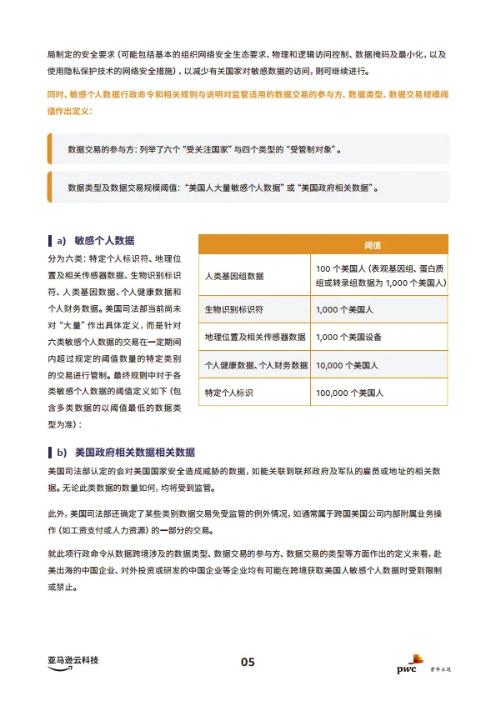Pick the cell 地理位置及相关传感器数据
pyautogui.click(x=255, y=338)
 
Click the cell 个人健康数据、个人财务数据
pyautogui.click(x=256, y=365)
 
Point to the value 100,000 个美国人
pyautogui.click(x=350, y=393)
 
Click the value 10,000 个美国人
pyautogui.click(x=348, y=365)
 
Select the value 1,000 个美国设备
pyautogui.click(x=348, y=338)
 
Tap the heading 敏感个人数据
pyautogui.click(x=104, y=240)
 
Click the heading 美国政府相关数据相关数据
pyautogui.click(x=135, y=453)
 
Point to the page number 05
pyautogui.click(x=248, y=662)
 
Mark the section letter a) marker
pyautogui.click(x=61, y=240)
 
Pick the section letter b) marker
pyautogui.click(x=61, y=453)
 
